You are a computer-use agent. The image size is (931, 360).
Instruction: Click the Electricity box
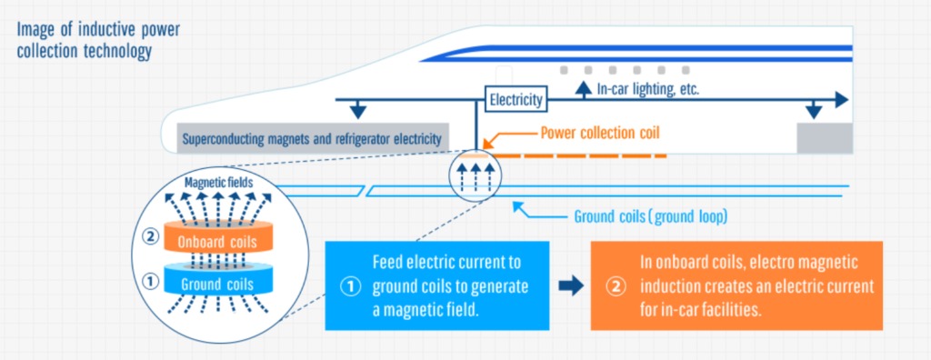coord(516,99)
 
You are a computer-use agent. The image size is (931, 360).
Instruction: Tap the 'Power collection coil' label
coord(599,133)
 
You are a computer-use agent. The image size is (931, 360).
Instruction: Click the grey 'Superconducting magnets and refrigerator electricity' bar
coord(312,139)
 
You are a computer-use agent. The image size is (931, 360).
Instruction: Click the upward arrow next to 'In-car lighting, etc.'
coord(582,88)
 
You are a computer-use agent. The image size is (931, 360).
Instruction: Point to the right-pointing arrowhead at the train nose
coord(842,98)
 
